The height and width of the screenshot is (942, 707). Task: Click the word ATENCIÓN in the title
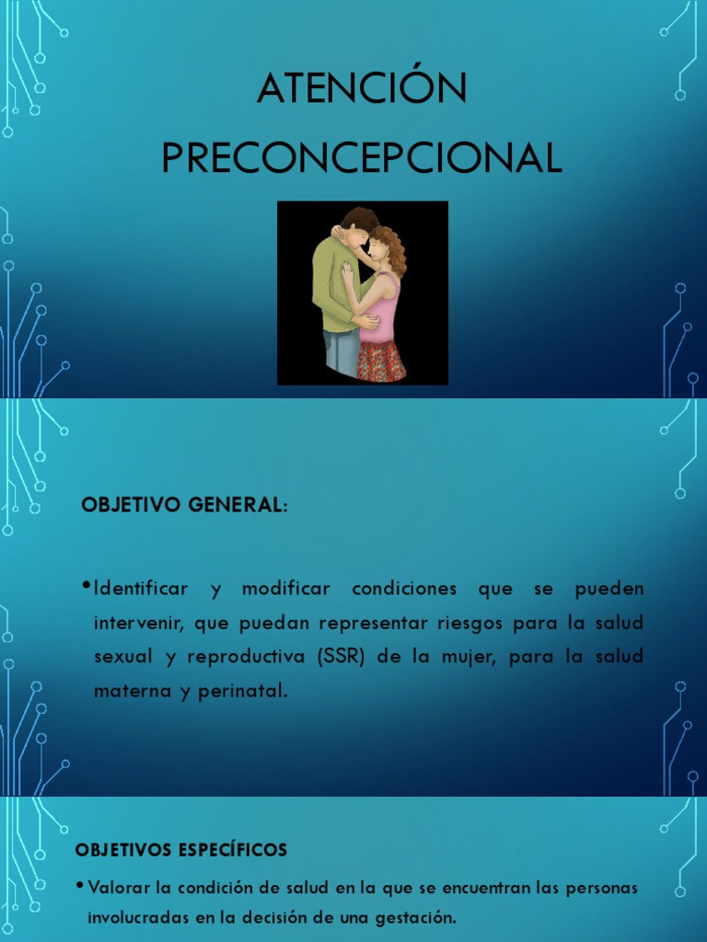click(x=362, y=89)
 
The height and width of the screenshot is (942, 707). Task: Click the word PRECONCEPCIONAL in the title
click(x=362, y=158)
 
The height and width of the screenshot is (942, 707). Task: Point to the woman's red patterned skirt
click(x=381, y=361)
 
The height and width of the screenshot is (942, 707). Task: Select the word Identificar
click(x=141, y=588)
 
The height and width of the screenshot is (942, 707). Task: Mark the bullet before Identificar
click(x=86, y=586)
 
